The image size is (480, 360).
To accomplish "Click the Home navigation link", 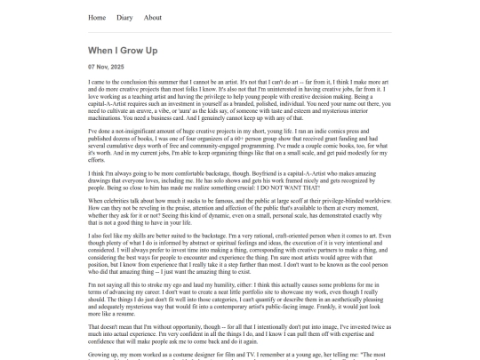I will [97, 17].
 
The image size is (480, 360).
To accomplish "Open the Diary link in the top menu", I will [124, 17].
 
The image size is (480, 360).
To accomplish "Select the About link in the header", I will [153, 17].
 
